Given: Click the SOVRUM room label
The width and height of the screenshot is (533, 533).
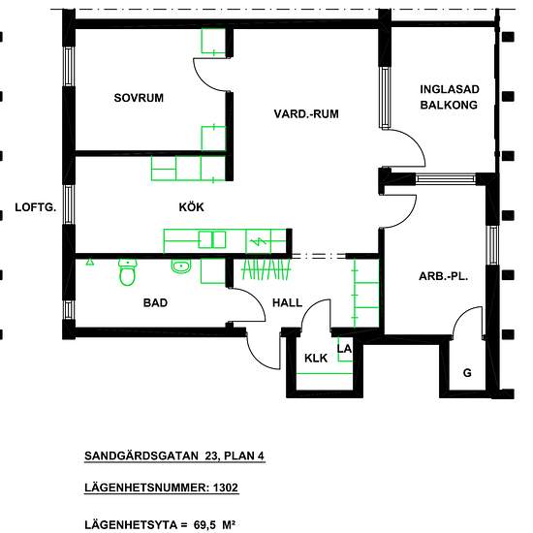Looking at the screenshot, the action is point(139,98).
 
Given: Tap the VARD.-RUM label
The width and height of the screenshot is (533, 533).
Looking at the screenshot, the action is point(306,114).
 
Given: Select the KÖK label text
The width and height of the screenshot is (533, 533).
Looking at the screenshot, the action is point(191,207).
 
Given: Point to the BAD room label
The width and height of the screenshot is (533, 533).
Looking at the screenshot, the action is point(155,303).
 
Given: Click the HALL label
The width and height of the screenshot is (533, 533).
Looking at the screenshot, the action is point(287,303).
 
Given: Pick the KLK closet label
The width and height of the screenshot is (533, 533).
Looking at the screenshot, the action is point(316,358).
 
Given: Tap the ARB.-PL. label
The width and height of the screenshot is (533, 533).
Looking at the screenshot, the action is point(443,276).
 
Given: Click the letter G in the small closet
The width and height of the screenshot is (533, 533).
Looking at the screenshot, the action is point(467,373).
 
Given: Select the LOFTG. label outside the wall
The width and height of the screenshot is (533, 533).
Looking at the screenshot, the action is point(36,207).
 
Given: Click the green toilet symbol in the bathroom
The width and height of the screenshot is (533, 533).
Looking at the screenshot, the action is point(128,272).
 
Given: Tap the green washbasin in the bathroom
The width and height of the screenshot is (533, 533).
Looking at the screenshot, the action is point(181,266).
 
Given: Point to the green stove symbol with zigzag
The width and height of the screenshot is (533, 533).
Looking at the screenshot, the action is point(259,241).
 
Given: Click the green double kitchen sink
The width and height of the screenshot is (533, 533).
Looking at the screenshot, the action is point(212,239).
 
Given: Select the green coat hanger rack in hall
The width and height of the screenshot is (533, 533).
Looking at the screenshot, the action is point(266,269).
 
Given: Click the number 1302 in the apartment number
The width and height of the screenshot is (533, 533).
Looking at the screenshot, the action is point(226,487).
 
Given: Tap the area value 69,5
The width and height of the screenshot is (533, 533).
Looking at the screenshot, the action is point(204,525).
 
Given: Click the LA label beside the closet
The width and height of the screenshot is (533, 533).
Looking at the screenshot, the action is point(344,349).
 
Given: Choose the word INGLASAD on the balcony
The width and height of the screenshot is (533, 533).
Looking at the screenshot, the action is point(450,89).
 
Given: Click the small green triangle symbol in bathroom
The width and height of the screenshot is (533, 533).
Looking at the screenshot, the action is point(89,262).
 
